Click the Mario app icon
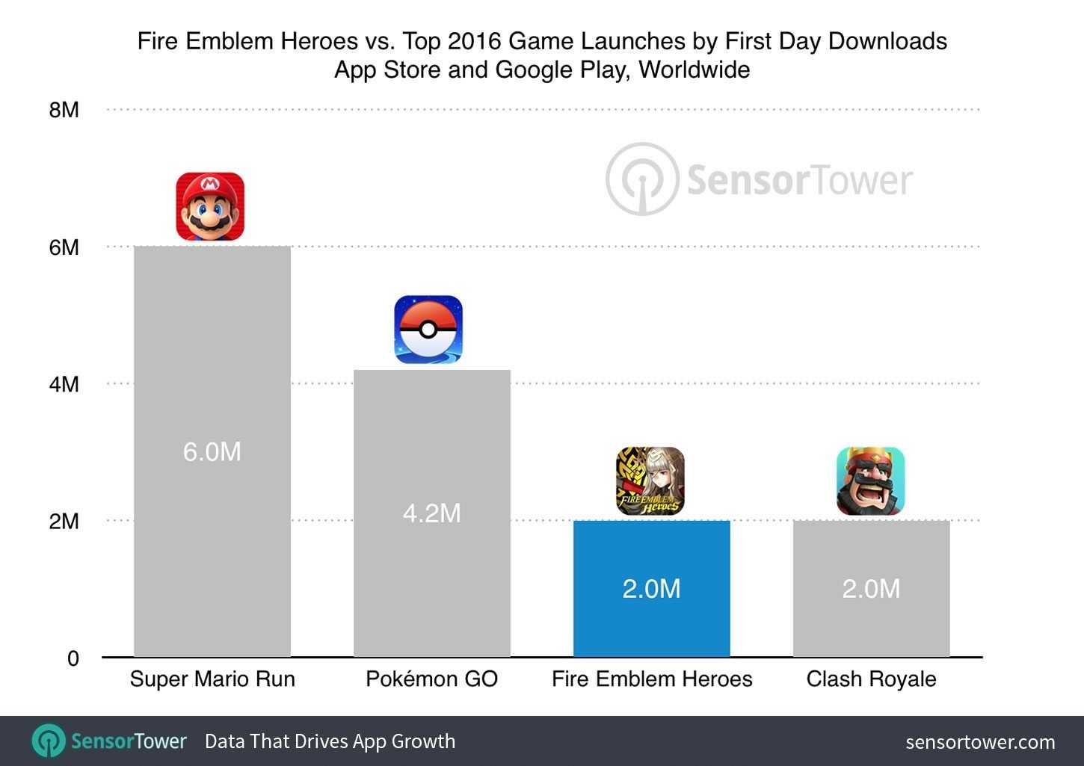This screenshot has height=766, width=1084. tap(210, 206)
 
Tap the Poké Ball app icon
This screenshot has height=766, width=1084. tap(428, 330)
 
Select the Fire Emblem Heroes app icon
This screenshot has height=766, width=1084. tap(650, 481)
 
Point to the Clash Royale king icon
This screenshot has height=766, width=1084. tap(870, 481)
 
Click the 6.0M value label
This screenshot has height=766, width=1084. tap(212, 452)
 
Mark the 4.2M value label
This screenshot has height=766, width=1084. tap(431, 513)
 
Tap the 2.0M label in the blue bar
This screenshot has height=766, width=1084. tap(651, 589)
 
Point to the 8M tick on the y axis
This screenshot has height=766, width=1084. tap(64, 110)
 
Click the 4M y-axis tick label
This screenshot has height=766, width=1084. tap(64, 384)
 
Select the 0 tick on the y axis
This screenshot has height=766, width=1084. tap(73, 658)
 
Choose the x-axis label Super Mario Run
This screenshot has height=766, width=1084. tap(212, 679)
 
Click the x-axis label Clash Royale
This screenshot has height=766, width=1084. tap(871, 679)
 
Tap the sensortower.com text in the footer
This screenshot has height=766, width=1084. tap(980, 742)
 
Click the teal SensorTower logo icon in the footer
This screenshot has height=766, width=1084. tap(49, 741)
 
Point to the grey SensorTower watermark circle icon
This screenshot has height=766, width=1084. tap(641, 179)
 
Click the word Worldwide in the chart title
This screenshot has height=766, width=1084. tap(695, 70)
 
